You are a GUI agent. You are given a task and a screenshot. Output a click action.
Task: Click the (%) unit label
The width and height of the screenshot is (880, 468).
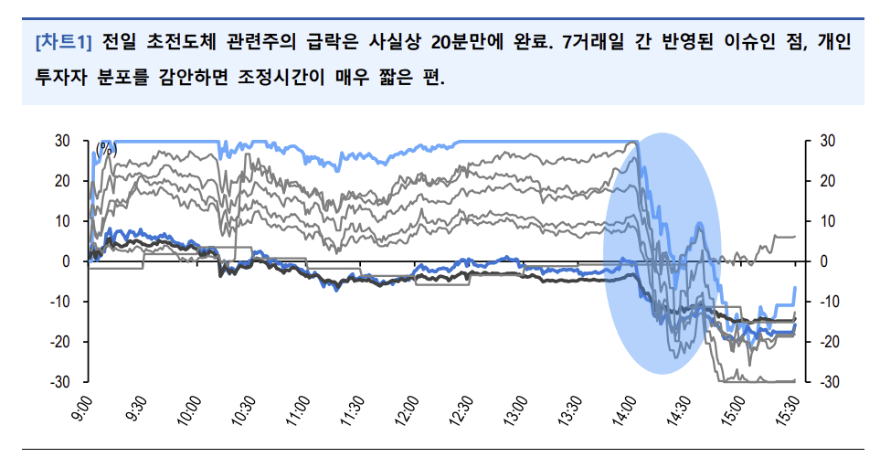click(107, 147)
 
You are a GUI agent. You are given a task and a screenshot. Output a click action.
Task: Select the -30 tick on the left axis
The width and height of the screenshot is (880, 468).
click(59, 382)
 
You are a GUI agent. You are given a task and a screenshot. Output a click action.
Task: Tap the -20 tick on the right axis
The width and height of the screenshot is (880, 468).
click(823, 342)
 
